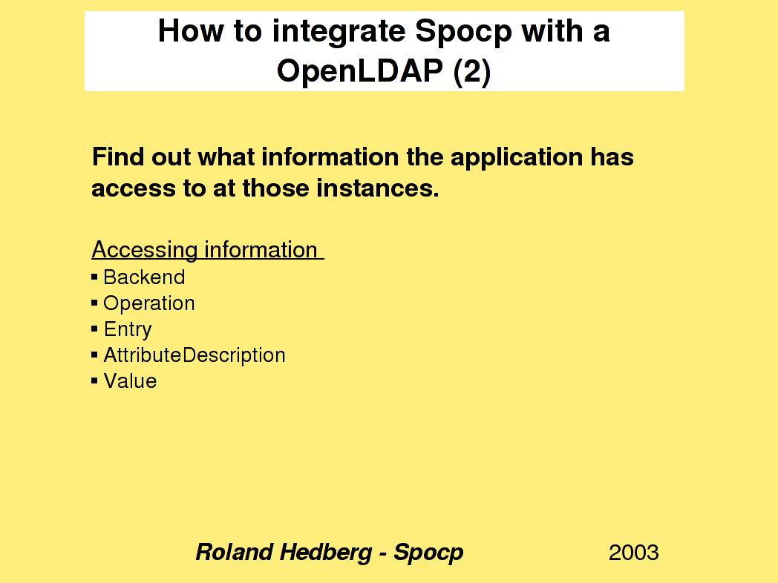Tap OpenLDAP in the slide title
pos(360,70)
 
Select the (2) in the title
pos(472,72)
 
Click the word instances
pos(378,188)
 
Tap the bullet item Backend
pos(144,277)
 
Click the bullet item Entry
pos(128,330)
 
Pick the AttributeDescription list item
pos(194,355)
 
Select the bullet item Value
pos(130,381)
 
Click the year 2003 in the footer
pos(634,553)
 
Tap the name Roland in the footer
pos(234,553)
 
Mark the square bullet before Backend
pos(94,277)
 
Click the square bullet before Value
pos(94,381)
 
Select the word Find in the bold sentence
pos(118,157)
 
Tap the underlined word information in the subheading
pos(261,249)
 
